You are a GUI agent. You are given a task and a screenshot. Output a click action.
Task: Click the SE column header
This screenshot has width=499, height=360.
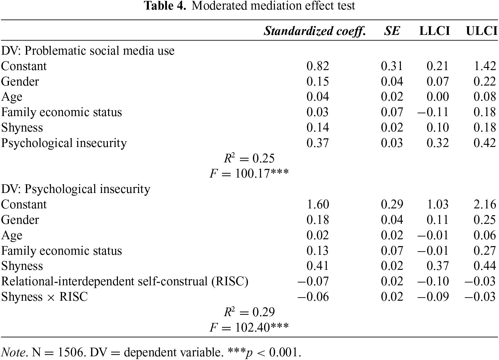pyautogui.click(x=392, y=31)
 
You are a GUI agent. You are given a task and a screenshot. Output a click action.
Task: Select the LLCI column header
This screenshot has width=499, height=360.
pyautogui.click(x=434, y=31)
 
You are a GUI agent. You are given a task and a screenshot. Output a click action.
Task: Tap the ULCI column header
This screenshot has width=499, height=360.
pyautogui.click(x=482, y=31)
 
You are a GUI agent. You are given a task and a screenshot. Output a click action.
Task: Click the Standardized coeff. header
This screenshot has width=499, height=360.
pyautogui.click(x=315, y=31)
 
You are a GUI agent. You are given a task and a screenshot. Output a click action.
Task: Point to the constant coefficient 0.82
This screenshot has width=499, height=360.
pyautogui.click(x=318, y=66)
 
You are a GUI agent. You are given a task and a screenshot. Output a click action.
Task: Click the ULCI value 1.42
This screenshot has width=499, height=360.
pyautogui.click(x=485, y=66)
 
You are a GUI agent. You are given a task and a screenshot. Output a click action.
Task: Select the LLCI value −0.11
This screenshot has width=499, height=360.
pyautogui.click(x=433, y=112)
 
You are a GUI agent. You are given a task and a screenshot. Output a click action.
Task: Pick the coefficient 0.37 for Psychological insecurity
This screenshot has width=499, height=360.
pyautogui.click(x=318, y=143)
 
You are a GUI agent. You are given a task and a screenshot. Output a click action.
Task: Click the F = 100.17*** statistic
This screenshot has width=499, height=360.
pyautogui.click(x=249, y=174)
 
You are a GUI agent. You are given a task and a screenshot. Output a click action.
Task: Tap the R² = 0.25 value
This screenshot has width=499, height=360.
pyautogui.click(x=249, y=158)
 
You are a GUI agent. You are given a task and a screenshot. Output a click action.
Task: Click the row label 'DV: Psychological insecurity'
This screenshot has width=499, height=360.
pyautogui.click(x=76, y=189)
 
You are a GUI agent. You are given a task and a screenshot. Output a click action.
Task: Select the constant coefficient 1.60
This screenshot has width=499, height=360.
pyautogui.click(x=318, y=204)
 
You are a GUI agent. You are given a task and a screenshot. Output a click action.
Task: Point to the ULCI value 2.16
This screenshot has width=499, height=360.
pyautogui.click(x=485, y=204)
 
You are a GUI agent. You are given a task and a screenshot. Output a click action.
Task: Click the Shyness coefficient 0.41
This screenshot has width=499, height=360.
pyautogui.click(x=318, y=266)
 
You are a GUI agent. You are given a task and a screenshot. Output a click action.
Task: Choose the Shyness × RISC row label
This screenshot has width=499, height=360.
pyautogui.click(x=44, y=297)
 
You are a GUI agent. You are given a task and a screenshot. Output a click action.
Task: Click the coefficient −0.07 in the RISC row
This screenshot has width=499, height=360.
pyautogui.click(x=313, y=281)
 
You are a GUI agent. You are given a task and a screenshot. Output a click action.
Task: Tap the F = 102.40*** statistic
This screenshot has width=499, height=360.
pyautogui.click(x=249, y=327)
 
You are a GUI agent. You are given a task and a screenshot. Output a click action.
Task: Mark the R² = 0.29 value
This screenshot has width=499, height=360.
pyautogui.click(x=249, y=312)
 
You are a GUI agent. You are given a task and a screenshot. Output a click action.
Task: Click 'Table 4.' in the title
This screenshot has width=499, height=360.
pyautogui.click(x=166, y=6)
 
